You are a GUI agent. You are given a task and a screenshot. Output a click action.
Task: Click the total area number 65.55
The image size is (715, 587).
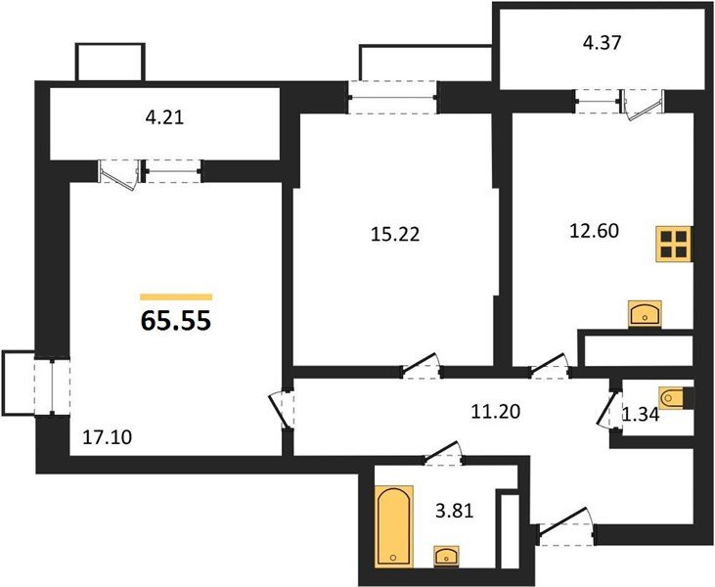click(x=176, y=320)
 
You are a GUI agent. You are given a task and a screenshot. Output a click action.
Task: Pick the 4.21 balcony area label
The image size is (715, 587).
click(x=164, y=118)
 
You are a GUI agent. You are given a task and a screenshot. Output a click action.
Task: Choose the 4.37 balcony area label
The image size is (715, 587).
click(x=602, y=43)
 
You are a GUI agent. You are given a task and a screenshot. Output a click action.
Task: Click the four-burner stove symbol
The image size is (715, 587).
click(x=674, y=243)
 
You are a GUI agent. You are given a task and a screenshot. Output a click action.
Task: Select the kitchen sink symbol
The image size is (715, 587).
click(x=645, y=313)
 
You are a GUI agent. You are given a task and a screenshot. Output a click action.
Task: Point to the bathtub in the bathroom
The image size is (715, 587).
click(x=394, y=525)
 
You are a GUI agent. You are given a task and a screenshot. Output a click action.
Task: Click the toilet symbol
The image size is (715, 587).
click(x=674, y=398)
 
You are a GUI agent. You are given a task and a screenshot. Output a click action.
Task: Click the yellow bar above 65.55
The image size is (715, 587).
click(x=176, y=296)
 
